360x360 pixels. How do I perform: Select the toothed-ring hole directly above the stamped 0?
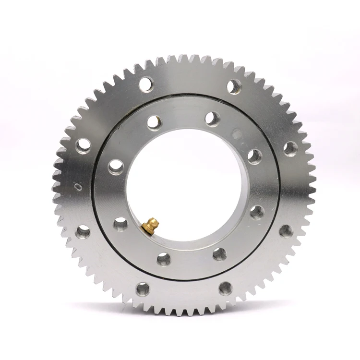[83, 144]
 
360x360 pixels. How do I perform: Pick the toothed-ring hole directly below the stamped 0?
[83, 232]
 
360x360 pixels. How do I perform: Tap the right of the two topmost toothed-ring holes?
[234, 87]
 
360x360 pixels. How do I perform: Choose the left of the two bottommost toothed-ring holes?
[143, 288]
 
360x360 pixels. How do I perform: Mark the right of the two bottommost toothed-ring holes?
[226, 288]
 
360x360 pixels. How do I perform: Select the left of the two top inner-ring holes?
[154, 122]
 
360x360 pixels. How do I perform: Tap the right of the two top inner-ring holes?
[212, 119]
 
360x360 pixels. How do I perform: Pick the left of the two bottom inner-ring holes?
[164, 259]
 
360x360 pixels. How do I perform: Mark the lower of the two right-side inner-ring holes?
[257, 212]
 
